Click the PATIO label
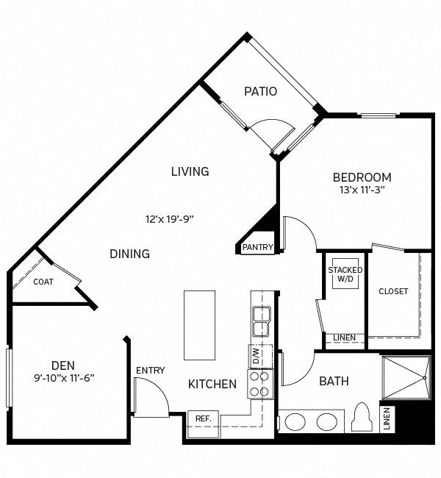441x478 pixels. coord(260,92)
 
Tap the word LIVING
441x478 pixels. coord(190,171)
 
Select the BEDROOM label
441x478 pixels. coord(362,177)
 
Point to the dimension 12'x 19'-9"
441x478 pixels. coord(170,218)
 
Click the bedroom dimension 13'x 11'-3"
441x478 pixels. coord(359,190)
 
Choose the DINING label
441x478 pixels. coord(129,254)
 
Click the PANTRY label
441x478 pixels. coord(257,247)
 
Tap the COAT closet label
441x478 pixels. coord(43,282)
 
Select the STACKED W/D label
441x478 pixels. coord(345,274)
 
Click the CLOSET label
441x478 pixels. coord(393,291)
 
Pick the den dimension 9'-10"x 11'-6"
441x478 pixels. coord(64,378)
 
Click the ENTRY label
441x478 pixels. coord(150,371)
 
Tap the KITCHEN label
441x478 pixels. coord(212,384)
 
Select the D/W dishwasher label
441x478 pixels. coord(257,357)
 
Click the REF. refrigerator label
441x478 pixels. coord(203,418)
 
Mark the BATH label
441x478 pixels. coord(334,381)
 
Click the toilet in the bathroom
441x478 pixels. coord(361,418)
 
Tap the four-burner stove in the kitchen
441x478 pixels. coord(259,382)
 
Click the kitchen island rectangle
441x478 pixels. coord(199,324)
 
